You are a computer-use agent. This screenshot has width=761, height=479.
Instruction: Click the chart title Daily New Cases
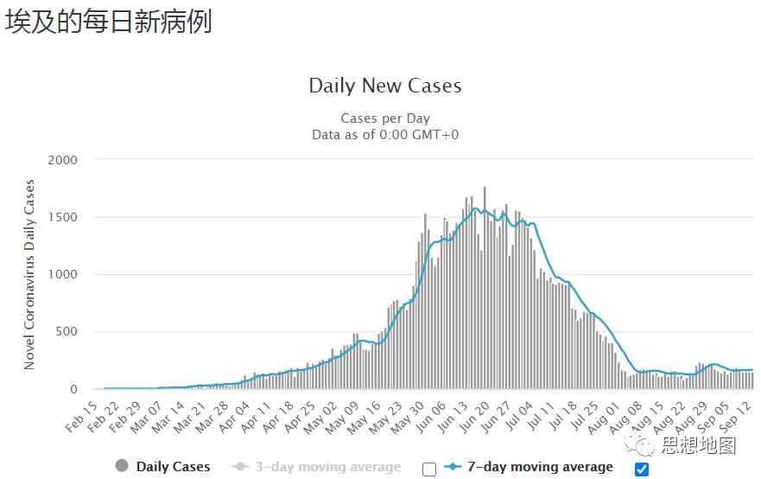(x=385, y=86)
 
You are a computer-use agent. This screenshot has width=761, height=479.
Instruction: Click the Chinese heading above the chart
(x=109, y=22)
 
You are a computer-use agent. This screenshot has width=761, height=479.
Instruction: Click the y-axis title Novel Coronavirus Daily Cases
(x=29, y=275)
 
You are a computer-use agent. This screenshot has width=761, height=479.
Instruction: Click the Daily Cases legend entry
(x=173, y=467)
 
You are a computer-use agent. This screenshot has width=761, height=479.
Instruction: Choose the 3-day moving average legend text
(x=328, y=467)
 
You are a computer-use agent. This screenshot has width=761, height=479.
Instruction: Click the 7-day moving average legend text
(x=540, y=467)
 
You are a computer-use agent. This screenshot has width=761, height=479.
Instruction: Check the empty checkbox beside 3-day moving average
(x=429, y=469)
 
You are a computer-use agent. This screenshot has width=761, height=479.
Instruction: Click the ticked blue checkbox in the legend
(x=641, y=469)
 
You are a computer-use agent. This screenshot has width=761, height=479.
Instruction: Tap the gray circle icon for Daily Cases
(x=122, y=467)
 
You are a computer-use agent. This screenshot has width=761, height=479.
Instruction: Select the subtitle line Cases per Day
(x=385, y=118)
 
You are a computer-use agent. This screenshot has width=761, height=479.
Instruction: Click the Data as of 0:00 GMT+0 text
(x=385, y=134)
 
